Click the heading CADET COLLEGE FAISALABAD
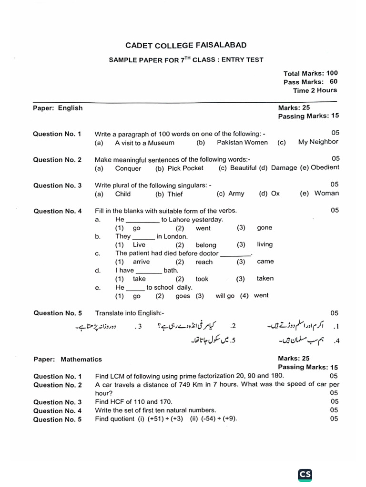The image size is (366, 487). [x=186, y=45]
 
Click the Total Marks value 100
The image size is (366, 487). [x=332, y=73]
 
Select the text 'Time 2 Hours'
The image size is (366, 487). [x=315, y=90]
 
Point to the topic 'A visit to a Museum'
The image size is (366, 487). [x=145, y=143]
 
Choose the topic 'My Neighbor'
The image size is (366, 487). [x=318, y=142]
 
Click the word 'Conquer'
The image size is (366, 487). [x=128, y=168]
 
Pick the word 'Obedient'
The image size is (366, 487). [x=325, y=167]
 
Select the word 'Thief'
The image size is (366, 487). [x=175, y=194]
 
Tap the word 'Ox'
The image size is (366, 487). [x=275, y=194]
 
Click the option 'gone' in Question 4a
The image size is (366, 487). [x=264, y=228]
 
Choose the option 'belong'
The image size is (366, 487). [x=206, y=245]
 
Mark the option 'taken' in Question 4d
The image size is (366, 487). [x=265, y=279]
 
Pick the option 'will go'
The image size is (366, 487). [x=225, y=296]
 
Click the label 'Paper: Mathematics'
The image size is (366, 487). [x=67, y=360]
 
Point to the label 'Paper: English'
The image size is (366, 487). [x=58, y=108]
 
